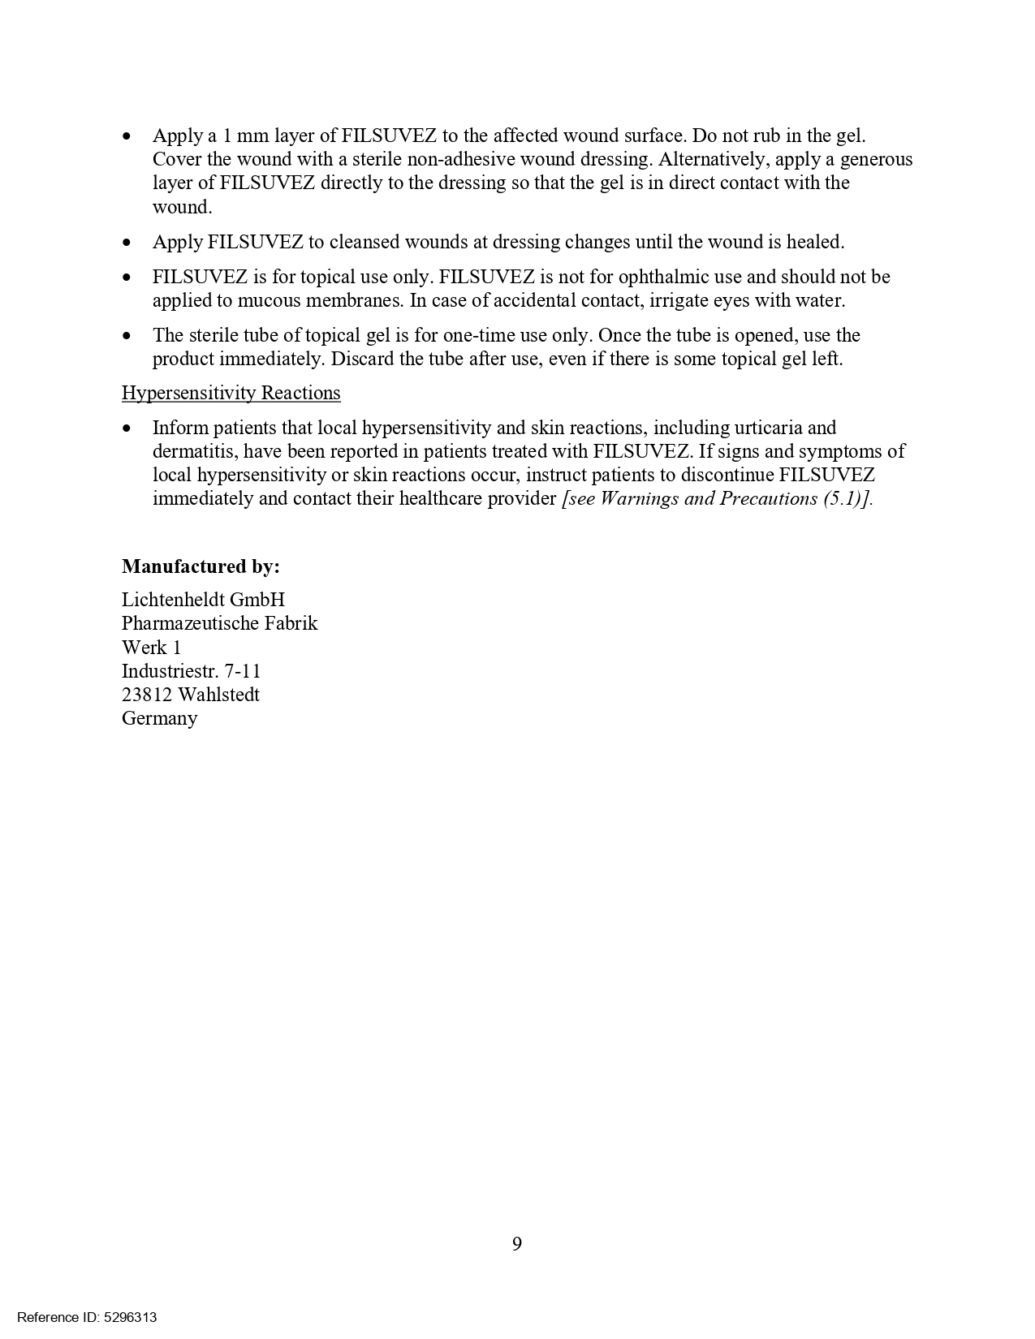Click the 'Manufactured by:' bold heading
tap(201, 566)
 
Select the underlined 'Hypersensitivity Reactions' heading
tap(231, 394)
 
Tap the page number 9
tap(517, 1243)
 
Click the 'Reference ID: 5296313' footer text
tap(87, 1317)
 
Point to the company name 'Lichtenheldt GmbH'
tap(203, 600)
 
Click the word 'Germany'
tap(159, 718)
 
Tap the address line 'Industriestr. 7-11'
tap(191, 671)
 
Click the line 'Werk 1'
tap(151, 648)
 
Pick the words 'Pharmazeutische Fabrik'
tap(219, 623)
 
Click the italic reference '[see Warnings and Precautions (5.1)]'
tap(717, 498)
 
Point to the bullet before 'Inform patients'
tap(127, 428)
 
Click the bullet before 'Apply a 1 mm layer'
tap(127, 136)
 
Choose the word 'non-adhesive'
tap(460, 160)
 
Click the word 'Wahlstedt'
tap(218, 695)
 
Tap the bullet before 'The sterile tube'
tap(127, 336)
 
